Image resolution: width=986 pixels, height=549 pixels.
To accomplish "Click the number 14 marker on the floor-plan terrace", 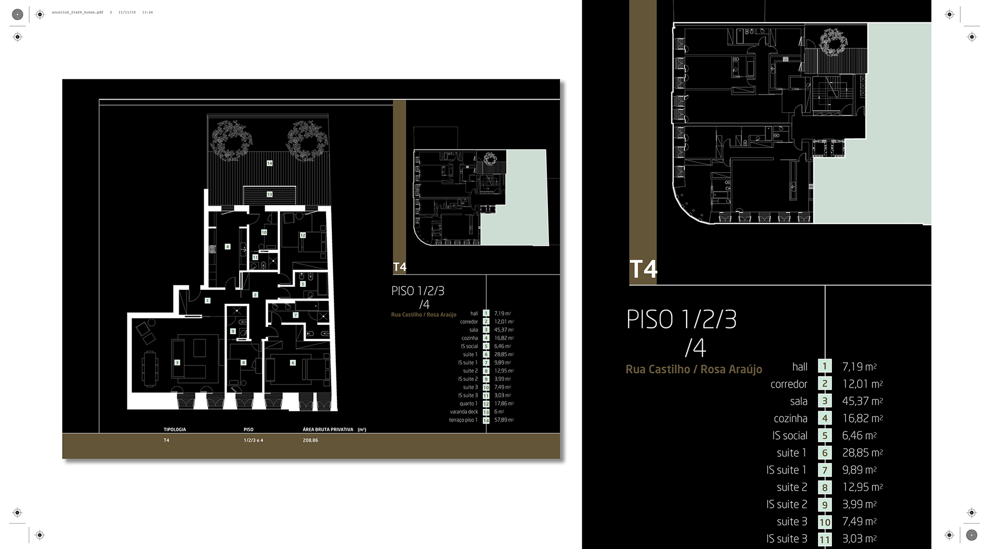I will click(x=269, y=163).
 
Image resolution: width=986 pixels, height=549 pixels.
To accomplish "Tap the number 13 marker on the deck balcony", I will click(x=269, y=194).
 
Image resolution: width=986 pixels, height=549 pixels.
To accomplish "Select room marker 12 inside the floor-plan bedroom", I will click(x=302, y=235).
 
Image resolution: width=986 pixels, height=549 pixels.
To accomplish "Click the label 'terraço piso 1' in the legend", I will click(x=463, y=420).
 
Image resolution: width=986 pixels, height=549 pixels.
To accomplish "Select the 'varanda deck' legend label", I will click(x=464, y=412).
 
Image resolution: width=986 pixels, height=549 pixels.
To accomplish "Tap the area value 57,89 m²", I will click(x=504, y=420).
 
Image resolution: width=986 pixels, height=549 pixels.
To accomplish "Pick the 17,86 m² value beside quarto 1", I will click(x=504, y=404).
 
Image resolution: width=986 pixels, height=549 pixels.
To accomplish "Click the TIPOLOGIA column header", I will click(x=175, y=429).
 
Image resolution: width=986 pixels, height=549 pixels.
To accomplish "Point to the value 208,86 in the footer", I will click(x=310, y=441).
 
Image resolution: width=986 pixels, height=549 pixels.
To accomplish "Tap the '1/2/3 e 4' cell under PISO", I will click(x=253, y=441).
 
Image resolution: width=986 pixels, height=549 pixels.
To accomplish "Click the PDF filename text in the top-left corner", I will click(x=78, y=12).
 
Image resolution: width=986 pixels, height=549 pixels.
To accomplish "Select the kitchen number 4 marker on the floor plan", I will click(x=227, y=247).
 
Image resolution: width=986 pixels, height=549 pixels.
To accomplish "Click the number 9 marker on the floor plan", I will click(x=233, y=332).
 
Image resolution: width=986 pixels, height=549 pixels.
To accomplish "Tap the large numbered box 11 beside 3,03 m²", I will click(x=825, y=539).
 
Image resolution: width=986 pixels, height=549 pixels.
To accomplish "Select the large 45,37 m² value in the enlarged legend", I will click(x=862, y=401).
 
